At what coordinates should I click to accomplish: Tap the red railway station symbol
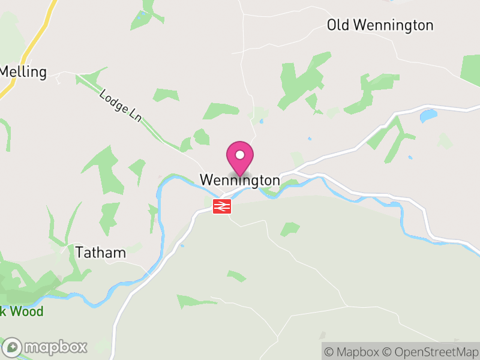pos(221,206)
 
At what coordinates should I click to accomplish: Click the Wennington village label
pos(239,180)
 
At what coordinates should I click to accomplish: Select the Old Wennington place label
pos(380,25)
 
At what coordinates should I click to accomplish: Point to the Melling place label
pos(23,72)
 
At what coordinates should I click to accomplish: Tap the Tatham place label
pos(101,253)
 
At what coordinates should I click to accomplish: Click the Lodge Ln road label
pos(121,106)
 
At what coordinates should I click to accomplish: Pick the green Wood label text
pos(28,312)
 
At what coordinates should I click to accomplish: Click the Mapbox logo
pos(45,347)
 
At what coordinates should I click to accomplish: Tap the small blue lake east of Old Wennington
pos(428,115)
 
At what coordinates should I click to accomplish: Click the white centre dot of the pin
pos(240,155)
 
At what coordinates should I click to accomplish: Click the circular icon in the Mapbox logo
pos(13,347)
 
